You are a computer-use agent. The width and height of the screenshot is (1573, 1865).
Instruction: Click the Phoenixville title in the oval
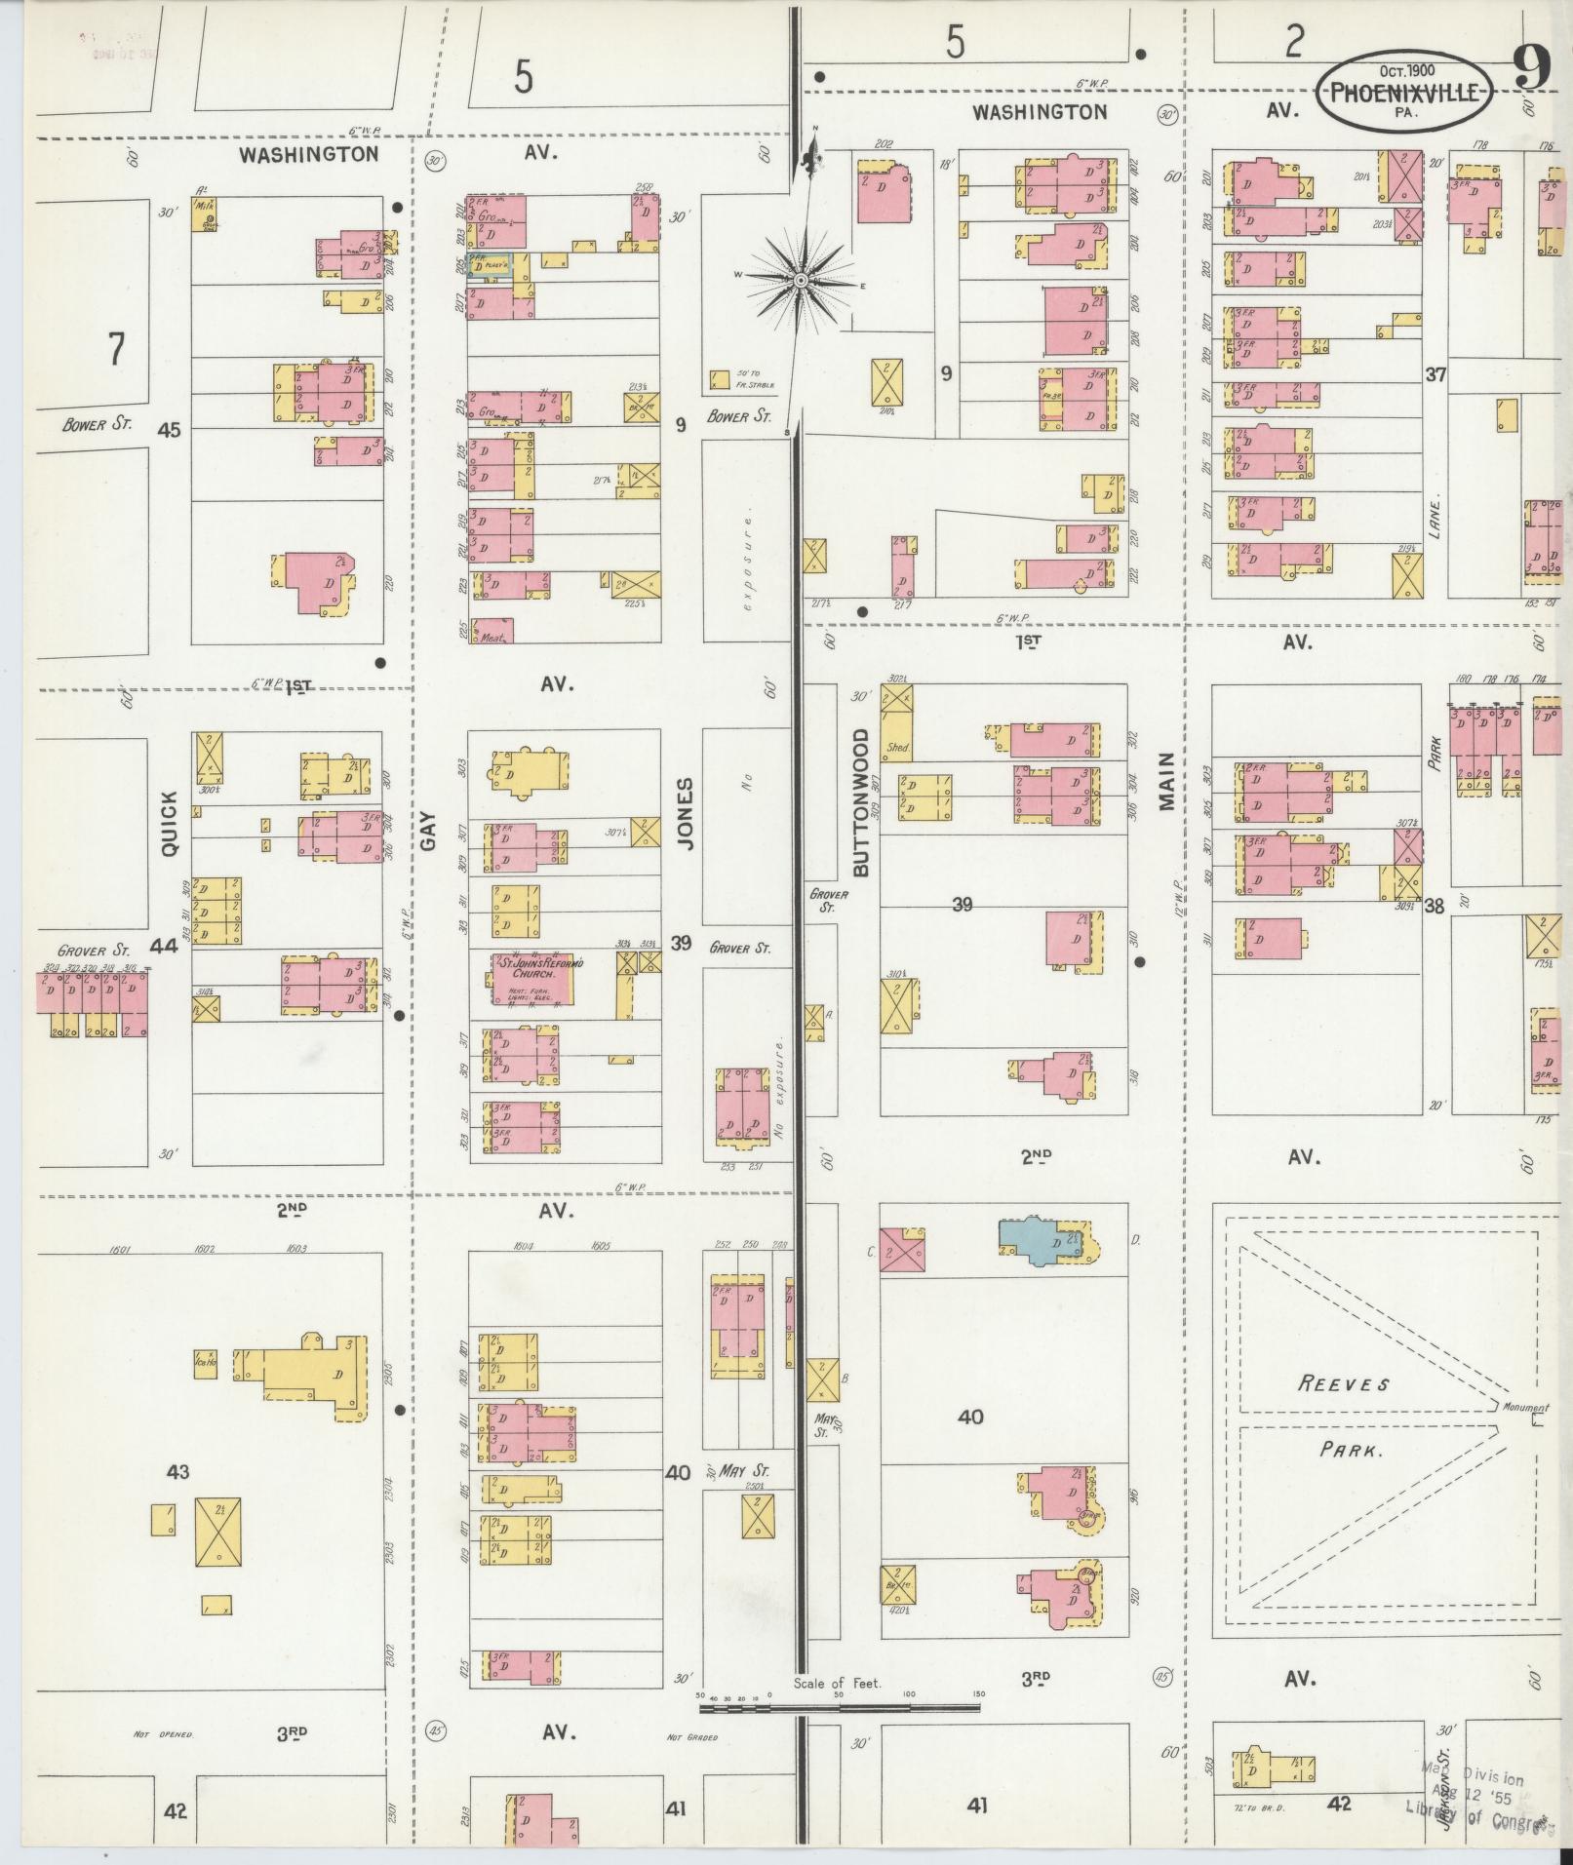pyautogui.click(x=1405, y=95)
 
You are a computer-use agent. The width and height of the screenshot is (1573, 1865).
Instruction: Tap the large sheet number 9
pyautogui.click(x=1532, y=67)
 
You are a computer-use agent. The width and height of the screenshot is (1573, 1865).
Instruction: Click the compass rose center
pyautogui.click(x=800, y=280)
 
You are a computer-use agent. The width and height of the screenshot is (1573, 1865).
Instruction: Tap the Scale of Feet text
pyautogui.click(x=837, y=1684)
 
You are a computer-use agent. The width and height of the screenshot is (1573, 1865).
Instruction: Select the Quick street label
pyautogui.click(x=170, y=824)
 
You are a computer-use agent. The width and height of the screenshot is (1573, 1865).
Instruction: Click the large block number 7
pyautogui.click(x=116, y=348)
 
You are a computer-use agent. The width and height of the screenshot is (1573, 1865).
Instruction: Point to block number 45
pyautogui.click(x=169, y=429)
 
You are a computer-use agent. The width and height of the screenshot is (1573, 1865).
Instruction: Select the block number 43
pyautogui.click(x=177, y=1471)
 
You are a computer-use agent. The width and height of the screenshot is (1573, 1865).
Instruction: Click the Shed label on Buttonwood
pyautogui.click(x=896, y=748)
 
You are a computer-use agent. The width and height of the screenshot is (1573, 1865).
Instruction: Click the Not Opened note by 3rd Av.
pyautogui.click(x=164, y=1735)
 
